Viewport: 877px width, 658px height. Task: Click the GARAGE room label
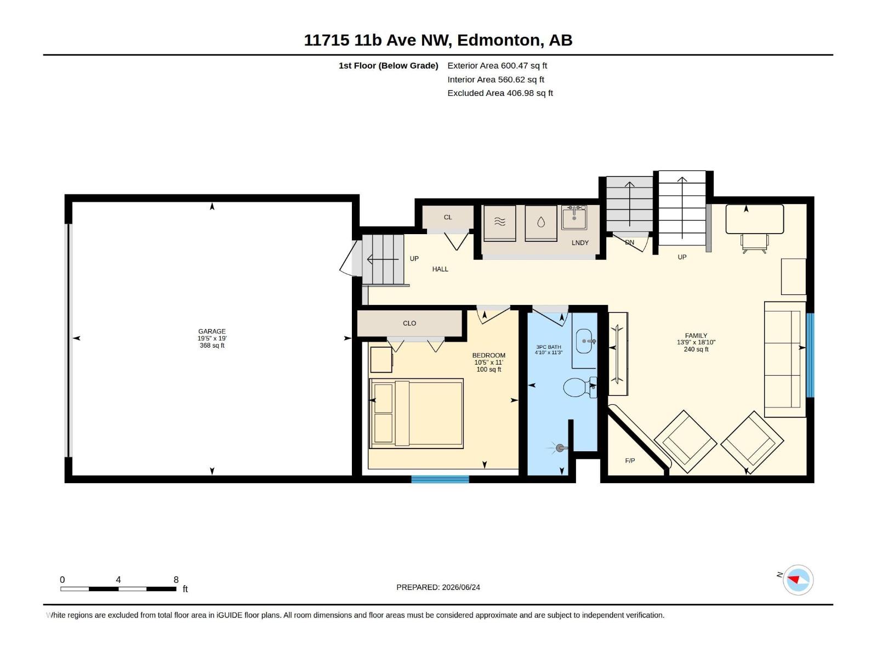coord(212,331)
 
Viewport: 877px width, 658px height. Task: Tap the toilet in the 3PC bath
coord(580,387)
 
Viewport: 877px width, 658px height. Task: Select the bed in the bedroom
coord(417,413)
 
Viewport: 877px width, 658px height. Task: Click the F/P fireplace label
coord(630,461)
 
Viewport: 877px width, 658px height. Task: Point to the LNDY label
coord(580,242)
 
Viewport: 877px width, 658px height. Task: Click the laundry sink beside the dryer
coord(574,218)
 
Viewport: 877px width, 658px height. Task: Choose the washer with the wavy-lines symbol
coord(499,223)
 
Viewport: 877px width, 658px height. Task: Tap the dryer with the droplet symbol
coord(541,223)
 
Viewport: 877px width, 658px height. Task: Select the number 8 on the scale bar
coord(176,579)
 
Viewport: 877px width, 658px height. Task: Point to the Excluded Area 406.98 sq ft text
coord(500,93)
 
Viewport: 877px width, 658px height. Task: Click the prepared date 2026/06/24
coord(460,587)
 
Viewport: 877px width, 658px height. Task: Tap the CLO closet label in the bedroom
coord(409,323)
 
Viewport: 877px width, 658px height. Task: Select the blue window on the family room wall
coord(810,355)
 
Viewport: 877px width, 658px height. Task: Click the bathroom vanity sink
coord(584,341)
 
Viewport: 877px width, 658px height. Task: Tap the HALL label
coord(440,269)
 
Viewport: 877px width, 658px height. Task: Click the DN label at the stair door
coord(629,242)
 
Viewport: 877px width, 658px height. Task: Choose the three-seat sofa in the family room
coord(785,359)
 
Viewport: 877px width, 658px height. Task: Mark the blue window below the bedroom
coord(440,479)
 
